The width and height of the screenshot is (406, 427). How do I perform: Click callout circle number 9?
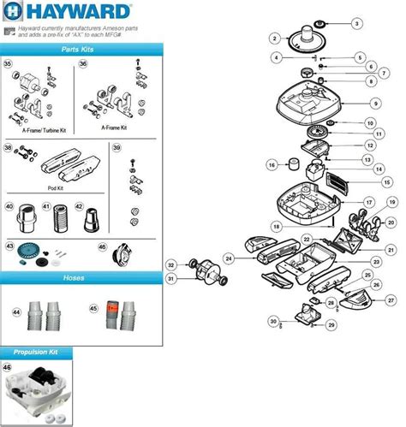(x=375, y=102)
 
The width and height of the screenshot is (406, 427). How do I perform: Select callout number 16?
(x=272, y=164)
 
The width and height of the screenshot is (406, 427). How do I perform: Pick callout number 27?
(x=391, y=300)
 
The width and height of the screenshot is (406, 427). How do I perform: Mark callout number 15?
(x=386, y=182)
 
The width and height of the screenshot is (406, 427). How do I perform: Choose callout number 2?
(x=274, y=38)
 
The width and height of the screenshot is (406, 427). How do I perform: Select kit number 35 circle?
(x=8, y=65)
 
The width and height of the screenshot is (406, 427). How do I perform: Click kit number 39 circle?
(x=117, y=148)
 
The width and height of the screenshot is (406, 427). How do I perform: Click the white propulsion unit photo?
(x=41, y=389)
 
